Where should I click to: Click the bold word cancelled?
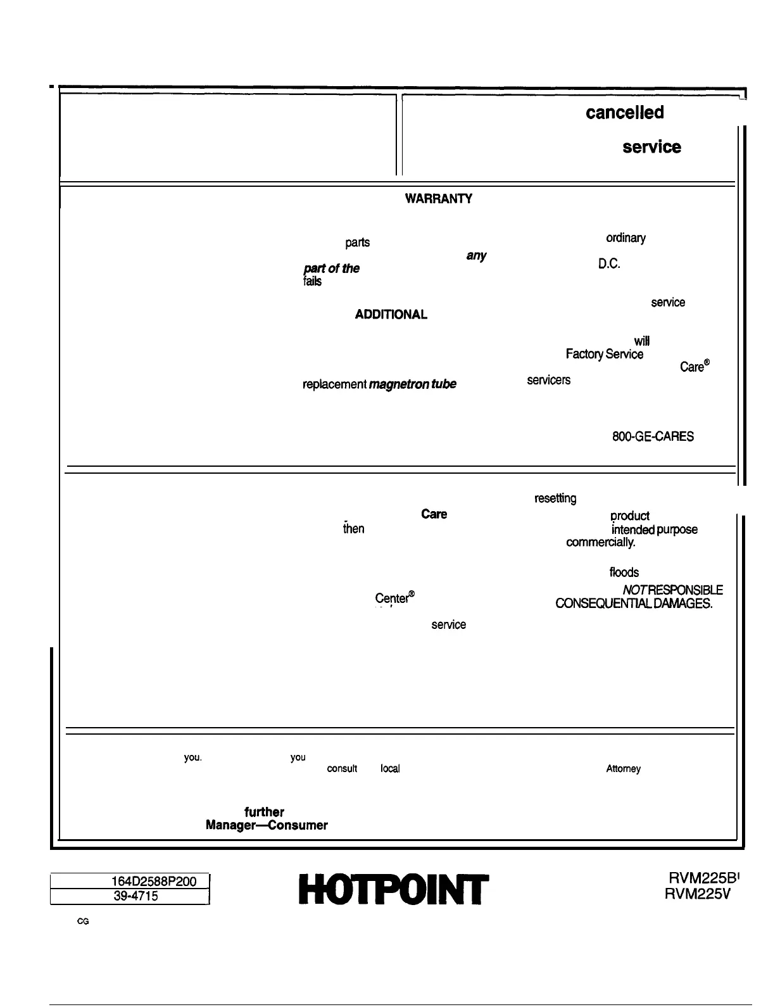tap(624, 113)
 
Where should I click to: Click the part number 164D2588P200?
tap(154, 881)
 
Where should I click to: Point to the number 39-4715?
tap(134, 896)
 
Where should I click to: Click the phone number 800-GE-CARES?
tap(653, 436)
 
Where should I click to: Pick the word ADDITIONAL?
tap(391, 314)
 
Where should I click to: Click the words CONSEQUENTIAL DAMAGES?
tap(634, 604)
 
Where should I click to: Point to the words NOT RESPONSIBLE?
tap(672, 590)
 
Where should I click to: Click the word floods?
tap(624, 573)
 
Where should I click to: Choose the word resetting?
tap(555, 499)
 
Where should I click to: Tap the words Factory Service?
tap(605, 355)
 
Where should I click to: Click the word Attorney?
tap(623, 769)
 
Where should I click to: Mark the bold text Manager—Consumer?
tap(267, 825)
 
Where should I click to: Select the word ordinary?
tap(626, 238)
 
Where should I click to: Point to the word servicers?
tap(548, 380)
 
